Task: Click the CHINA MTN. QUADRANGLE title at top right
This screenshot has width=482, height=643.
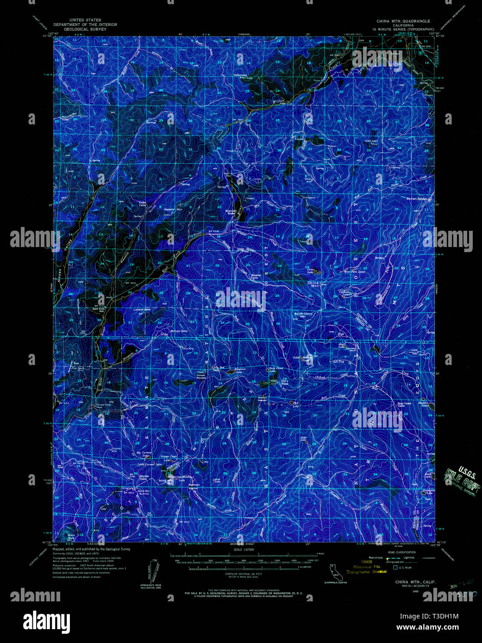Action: pyautogui.click(x=403, y=21)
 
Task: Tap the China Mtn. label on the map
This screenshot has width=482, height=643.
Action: pyautogui.click(x=313, y=284)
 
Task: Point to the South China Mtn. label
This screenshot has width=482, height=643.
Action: pyautogui.click(x=303, y=315)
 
